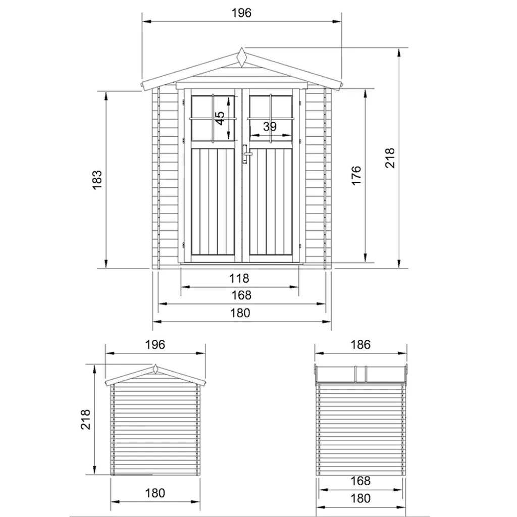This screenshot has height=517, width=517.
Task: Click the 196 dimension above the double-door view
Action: click(242, 13)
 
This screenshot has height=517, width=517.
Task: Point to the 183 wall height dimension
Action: click(97, 180)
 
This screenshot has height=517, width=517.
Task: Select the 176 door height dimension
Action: click(356, 176)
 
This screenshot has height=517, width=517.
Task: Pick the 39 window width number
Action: click(270, 127)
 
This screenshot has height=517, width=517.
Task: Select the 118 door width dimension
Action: click(239, 278)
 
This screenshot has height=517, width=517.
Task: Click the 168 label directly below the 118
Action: click(241, 295)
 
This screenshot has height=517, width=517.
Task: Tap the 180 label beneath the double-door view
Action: click(241, 313)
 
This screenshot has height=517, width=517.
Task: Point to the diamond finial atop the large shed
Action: click(242, 57)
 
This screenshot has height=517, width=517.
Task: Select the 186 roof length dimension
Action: click(360, 345)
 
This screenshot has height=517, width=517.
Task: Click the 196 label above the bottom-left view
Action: click(155, 345)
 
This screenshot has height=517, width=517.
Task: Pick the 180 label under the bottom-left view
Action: click(155, 493)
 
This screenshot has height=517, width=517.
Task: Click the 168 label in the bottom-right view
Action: click(360, 481)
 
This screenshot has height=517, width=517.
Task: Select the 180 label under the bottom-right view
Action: click(360, 498)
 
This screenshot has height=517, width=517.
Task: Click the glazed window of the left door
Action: click(213, 118)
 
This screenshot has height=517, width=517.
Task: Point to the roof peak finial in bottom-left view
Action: click(155, 369)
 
